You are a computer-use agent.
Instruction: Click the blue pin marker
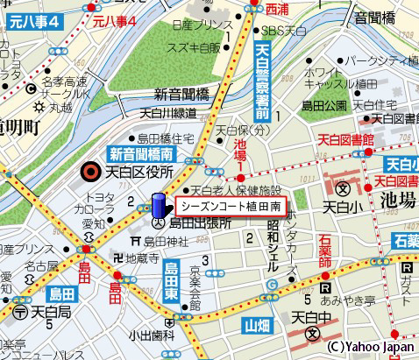(159, 206)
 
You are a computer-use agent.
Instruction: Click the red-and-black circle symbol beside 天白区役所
(88, 171)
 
